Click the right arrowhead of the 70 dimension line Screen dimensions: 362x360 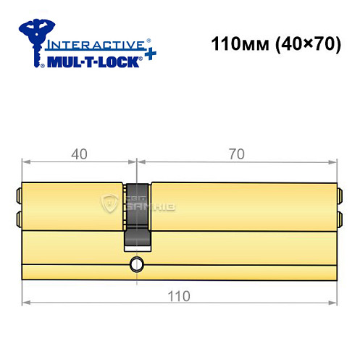click(334, 160)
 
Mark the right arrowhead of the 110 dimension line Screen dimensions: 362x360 click(334, 303)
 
